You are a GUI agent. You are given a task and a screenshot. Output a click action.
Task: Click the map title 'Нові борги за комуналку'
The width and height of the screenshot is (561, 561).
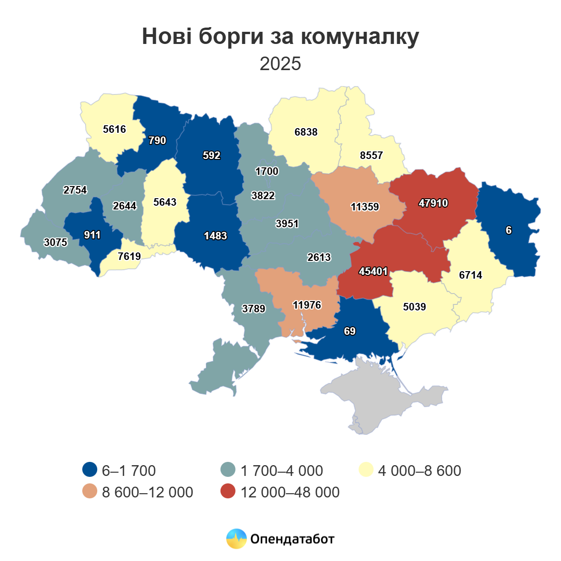[x=280, y=36]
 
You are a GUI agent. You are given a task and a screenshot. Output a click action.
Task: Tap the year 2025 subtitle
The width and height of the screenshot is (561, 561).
[x=280, y=64]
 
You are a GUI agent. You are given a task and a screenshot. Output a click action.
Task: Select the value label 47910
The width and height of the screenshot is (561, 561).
[x=433, y=203]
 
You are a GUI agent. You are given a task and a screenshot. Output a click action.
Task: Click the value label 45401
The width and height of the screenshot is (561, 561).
[x=373, y=271]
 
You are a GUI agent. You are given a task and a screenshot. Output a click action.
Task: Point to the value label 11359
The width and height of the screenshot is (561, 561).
[x=365, y=207]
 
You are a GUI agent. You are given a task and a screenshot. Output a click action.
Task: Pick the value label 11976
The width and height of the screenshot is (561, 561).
[x=307, y=305]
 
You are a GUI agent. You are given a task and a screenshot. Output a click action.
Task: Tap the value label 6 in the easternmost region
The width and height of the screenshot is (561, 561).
[x=509, y=230]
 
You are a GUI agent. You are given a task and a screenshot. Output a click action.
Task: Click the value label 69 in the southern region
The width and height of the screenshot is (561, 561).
[x=350, y=331]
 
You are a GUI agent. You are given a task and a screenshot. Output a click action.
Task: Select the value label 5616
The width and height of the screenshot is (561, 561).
[x=115, y=129]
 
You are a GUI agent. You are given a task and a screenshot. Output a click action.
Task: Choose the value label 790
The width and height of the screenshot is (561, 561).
[x=157, y=141]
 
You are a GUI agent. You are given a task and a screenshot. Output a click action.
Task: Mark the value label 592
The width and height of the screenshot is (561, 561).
[x=211, y=156]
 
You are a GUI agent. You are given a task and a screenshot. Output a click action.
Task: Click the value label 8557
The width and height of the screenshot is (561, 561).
[x=371, y=156]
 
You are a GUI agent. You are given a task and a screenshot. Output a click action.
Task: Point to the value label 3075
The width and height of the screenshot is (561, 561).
[x=55, y=242]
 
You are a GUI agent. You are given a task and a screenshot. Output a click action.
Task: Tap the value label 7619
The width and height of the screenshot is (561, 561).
[x=129, y=256]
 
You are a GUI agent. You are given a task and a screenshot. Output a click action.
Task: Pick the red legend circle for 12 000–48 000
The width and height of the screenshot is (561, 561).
[x=228, y=492]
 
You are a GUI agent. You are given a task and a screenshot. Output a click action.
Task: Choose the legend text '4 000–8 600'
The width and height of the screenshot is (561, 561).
[x=419, y=470]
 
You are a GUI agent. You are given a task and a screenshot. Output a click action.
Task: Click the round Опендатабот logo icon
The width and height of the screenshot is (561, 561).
[x=236, y=539]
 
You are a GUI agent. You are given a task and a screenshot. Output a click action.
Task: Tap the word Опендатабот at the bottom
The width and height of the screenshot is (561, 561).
[x=292, y=539]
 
